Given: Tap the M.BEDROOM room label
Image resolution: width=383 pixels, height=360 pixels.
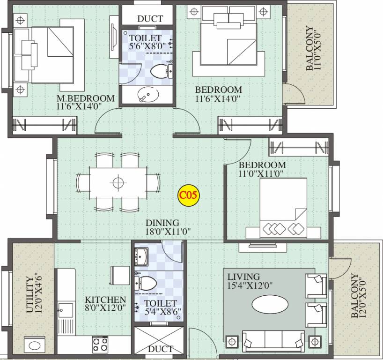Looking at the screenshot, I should (x=85, y=98).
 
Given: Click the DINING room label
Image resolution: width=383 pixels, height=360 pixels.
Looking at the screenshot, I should (x=162, y=223).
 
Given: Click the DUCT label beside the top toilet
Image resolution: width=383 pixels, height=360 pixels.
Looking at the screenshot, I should (x=150, y=19).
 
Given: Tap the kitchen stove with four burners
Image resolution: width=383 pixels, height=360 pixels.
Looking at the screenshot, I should (x=100, y=345).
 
